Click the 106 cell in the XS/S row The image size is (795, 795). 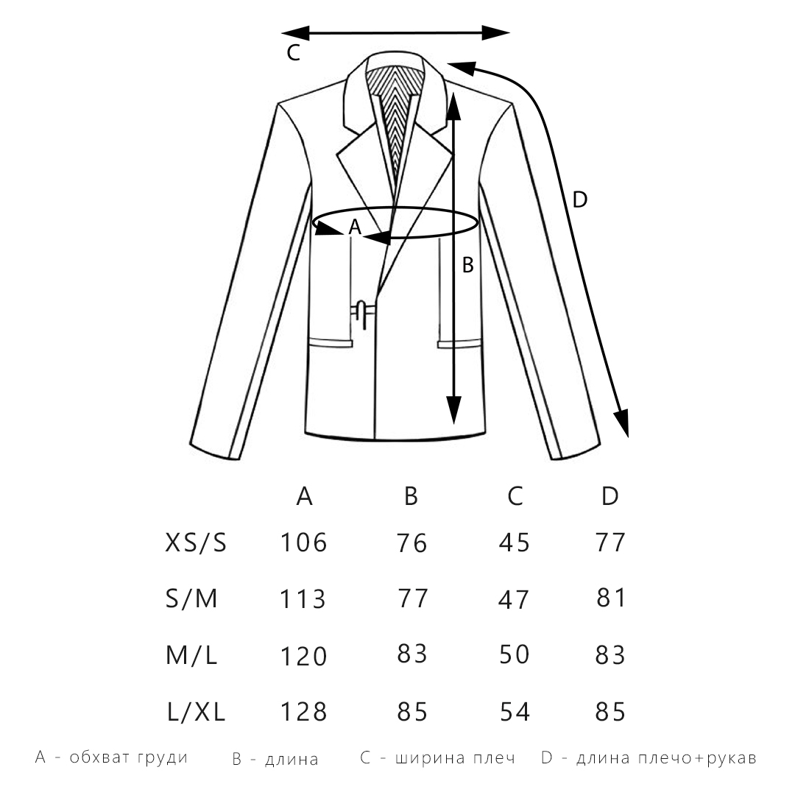tap(303, 543)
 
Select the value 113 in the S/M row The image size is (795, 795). tap(303, 599)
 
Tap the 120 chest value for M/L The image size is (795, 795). tap(303, 655)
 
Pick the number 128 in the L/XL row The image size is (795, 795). tap(303, 712)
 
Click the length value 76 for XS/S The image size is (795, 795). tap(411, 543)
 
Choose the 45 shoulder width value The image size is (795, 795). tap(515, 543)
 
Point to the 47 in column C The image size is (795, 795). tap(515, 599)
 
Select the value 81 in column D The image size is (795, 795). tap(610, 598)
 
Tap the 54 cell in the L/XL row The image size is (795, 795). tap(515, 712)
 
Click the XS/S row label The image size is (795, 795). tap(195, 543)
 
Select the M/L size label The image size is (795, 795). tap(192, 655)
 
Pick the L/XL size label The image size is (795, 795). tap(195, 712)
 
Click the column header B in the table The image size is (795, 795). tap(411, 497)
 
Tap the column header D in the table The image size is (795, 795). tap(610, 497)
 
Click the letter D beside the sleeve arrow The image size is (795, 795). tap(580, 199)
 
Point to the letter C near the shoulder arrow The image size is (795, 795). tap(293, 53)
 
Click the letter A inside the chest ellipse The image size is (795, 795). tap(354, 228)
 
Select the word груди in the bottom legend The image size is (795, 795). tap(163, 757)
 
